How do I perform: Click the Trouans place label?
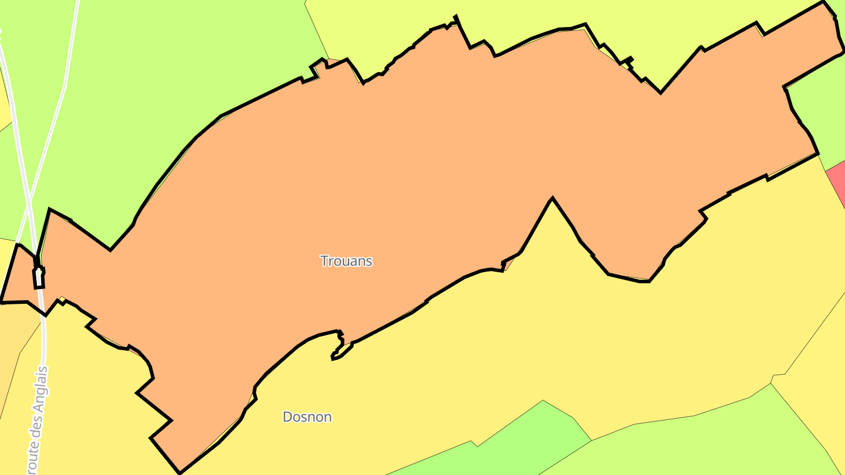click(x=346, y=261)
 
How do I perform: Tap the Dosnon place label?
click(x=307, y=417)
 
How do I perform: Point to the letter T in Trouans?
click(x=324, y=261)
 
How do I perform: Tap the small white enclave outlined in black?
click(x=39, y=277)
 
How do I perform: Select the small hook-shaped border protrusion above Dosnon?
click(x=338, y=346)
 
